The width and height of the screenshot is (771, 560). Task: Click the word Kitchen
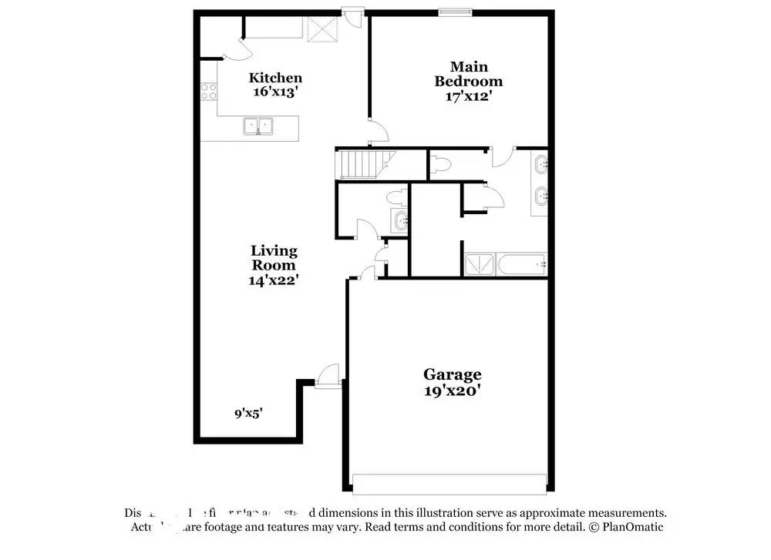(275, 78)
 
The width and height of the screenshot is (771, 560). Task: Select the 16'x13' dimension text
(275, 91)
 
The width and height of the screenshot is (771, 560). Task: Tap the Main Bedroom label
(468, 74)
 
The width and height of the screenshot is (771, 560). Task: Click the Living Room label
(274, 258)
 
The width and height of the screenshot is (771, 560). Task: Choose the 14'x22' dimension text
(274, 280)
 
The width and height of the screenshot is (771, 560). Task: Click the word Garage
(452, 374)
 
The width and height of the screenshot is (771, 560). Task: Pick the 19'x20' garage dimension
(452, 391)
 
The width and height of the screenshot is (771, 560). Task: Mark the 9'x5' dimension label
(249, 414)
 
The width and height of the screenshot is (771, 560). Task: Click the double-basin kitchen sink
(259, 126)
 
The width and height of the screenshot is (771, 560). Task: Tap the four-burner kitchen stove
(209, 92)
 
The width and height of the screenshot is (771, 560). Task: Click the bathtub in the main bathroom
(523, 264)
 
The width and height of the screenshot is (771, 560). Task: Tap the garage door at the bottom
(449, 483)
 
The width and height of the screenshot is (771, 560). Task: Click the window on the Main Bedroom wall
(455, 12)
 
